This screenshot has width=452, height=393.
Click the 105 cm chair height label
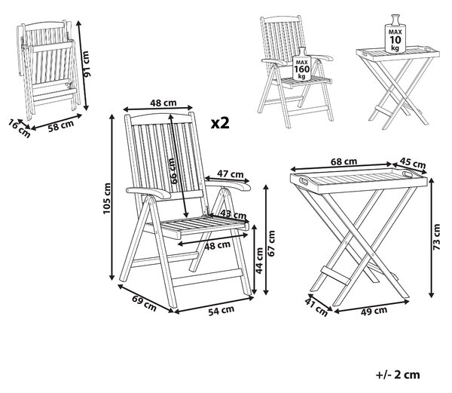click(x=107, y=198)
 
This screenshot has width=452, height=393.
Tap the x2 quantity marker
click(x=220, y=123)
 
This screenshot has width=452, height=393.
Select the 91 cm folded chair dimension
click(x=86, y=64)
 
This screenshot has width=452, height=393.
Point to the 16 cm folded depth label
click(x=19, y=128)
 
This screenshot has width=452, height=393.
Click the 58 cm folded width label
click(x=61, y=126)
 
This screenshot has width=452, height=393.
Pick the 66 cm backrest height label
click(x=173, y=171)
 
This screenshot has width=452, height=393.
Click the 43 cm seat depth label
click(x=234, y=214)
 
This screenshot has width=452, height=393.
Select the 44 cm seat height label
click(x=259, y=260)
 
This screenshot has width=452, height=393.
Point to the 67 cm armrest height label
click(x=271, y=243)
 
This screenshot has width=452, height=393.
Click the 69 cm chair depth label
click(x=144, y=303)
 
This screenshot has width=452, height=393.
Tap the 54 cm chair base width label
click(x=221, y=311)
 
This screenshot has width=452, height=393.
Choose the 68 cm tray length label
click(x=344, y=161)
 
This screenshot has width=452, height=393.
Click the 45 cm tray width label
click(x=413, y=163)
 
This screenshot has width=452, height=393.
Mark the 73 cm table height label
click(x=436, y=237)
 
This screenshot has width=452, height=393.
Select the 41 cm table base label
click(x=316, y=307)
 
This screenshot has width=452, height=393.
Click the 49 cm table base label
click(x=374, y=311)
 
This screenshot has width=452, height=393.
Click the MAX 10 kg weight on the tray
click(x=395, y=34)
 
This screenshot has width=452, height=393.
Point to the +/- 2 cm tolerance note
click(x=398, y=375)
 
